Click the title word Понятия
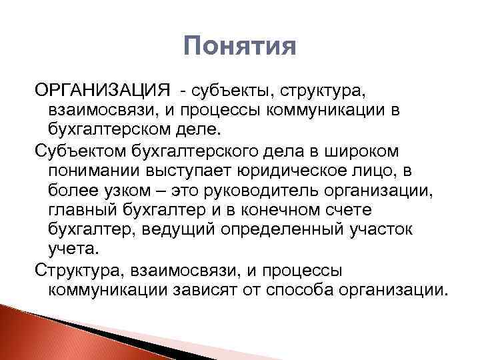[x=239, y=47]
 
